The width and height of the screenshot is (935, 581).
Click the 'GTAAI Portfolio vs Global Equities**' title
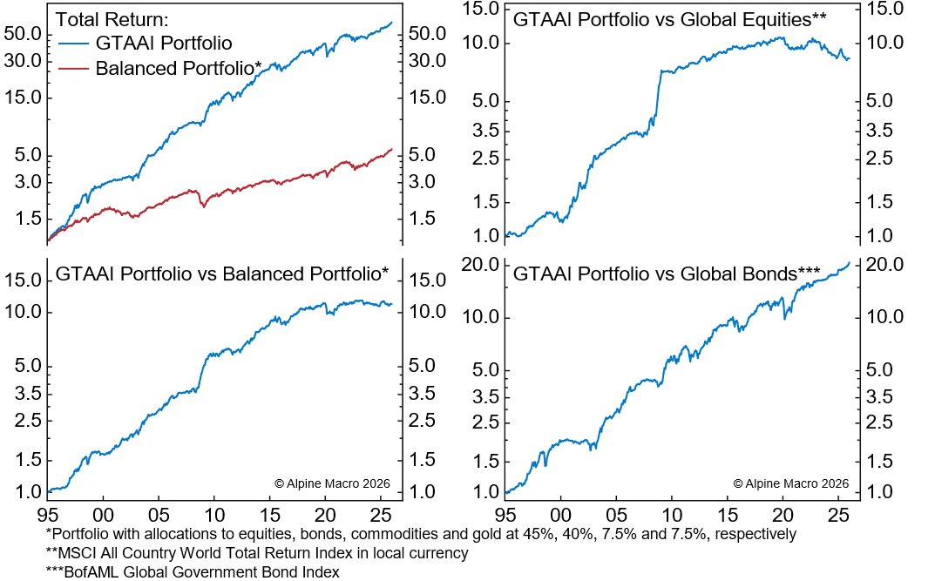pyautogui.click(x=669, y=19)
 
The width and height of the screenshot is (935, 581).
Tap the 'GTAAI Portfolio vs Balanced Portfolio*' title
pyautogui.click(x=222, y=273)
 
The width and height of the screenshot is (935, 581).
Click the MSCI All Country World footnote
pyautogui.click(x=258, y=552)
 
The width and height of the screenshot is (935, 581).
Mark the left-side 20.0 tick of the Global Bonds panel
pyautogui.click(x=481, y=265)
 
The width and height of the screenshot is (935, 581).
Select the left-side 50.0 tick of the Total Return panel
pyautogui.click(x=24, y=34)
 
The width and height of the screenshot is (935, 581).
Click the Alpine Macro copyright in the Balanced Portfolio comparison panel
pyautogui.click(x=333, y=483)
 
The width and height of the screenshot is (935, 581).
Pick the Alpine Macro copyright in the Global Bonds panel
pyautogui.click(x=791, y=483)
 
